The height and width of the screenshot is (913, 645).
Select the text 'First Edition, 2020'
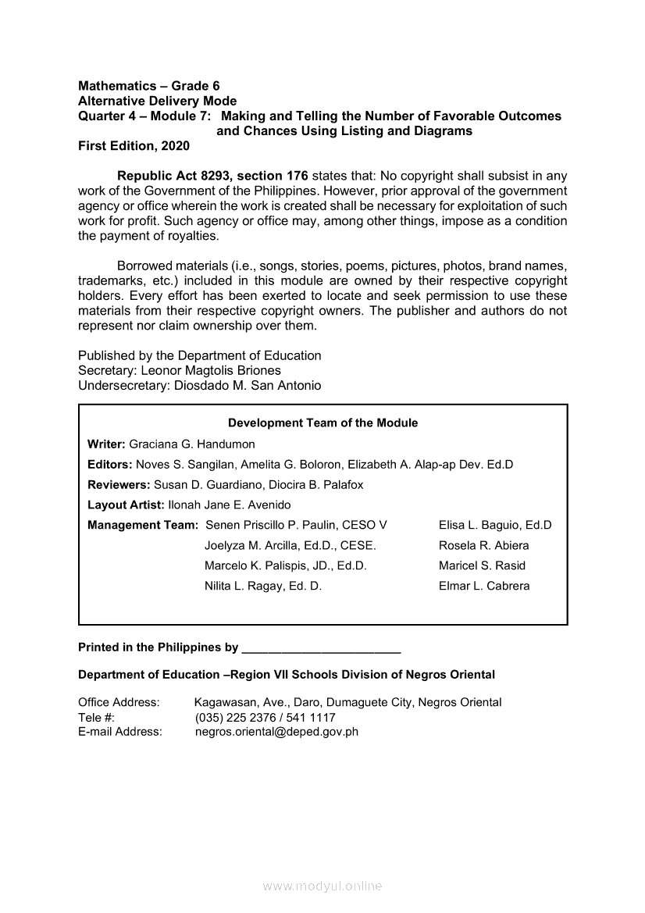pyautogui.click(x=134, y=146)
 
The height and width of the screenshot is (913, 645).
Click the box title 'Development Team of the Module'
pyautogui.click(x=322, y=423)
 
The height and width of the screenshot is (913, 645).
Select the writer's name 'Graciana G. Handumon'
pyautogui.click(x=192, y=444)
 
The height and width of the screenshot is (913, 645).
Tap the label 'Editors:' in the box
pyautogui.click(x=110, y=464)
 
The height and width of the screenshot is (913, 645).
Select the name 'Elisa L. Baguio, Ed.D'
pyautogui.click(x=495, y=525)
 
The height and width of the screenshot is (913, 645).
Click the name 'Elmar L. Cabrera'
pyautogui.click(x=484, y=586)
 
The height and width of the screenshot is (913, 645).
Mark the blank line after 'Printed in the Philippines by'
pyautogui.click(x=322, y=648)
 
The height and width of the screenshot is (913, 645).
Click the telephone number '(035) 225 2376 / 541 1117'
pyautogui.click(x=265, y=717)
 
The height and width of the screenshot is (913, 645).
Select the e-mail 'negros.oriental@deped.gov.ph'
pyautogui.click(x=276, y=732)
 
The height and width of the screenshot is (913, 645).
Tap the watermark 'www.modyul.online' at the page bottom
pyautogui.click(x=322, y=886)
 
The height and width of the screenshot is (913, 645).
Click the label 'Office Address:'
pyautogui.click(x=119, y=702)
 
